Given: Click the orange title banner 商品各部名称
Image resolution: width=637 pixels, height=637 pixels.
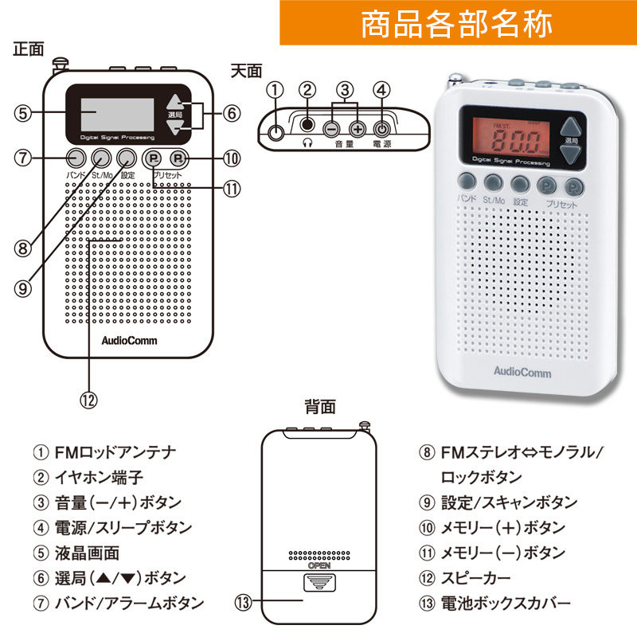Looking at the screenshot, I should point(457,24).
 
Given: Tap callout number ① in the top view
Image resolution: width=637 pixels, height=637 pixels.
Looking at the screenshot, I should point(275,91).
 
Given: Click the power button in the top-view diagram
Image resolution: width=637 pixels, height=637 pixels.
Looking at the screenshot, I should point(383,127).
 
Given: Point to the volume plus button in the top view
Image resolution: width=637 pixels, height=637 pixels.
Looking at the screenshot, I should point(358,127).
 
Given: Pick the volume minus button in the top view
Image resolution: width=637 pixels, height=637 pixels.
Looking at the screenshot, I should point(331,127).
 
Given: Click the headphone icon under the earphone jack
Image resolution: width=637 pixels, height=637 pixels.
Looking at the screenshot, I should point(308,143).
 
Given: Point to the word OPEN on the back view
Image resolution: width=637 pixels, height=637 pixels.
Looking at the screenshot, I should point(319,565).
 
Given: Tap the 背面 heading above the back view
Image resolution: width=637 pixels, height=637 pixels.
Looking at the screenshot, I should point(319,407).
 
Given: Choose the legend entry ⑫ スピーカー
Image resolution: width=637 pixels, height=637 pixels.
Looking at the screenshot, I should point(468,577).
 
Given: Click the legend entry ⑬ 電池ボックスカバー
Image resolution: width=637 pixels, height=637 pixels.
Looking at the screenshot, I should point(494,603).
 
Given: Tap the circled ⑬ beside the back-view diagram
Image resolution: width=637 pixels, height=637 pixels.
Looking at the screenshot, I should point(244,603).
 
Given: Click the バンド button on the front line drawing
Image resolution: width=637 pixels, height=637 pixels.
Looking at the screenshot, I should point(75,157).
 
